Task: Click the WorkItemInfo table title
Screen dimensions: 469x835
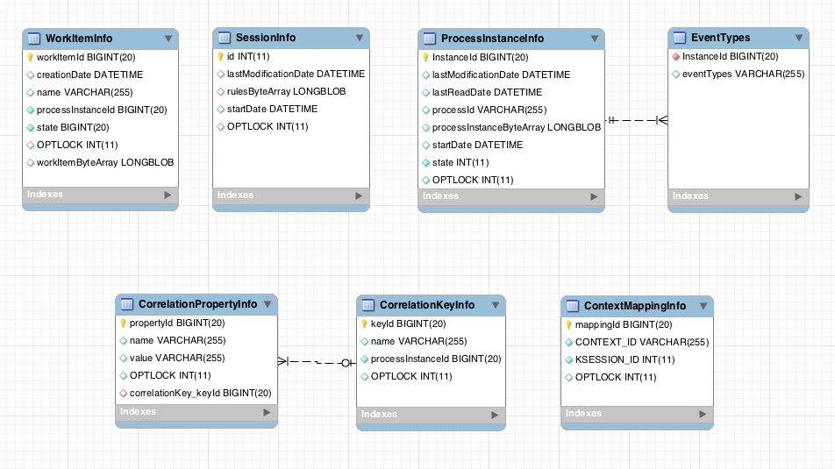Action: click(x=78, y=39)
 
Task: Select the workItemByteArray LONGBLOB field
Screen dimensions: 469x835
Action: click(x=104, y=162)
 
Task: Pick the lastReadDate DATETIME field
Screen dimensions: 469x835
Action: click(x=487, y=92)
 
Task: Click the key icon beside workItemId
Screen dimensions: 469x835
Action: click(x=30, y=57)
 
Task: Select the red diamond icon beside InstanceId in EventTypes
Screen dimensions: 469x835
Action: click(x=675, y=56)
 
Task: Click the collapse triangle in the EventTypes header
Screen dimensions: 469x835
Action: click(x=799, y=38)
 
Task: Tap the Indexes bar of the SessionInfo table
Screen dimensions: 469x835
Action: click(x=290, y=195)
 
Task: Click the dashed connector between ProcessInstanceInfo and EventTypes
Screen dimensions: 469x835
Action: click(x=636, y=119)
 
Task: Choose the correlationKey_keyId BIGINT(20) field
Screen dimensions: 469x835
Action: click(x=200, y=393)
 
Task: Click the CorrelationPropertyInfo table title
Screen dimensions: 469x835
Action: click(x=197, y=304)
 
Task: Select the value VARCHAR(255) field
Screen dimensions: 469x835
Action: click(x=176, y=358)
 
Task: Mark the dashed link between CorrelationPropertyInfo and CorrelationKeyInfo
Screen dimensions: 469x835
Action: click(x=317, y=361)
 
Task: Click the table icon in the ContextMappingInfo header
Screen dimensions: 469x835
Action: click(x=572, y=306)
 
